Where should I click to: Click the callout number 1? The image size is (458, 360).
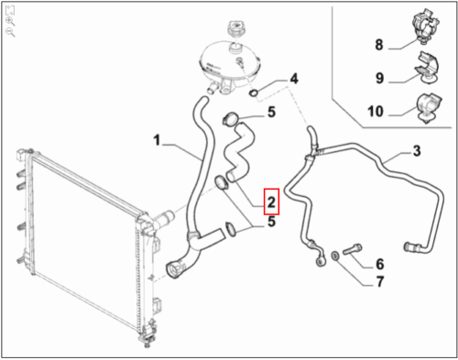coord(157,140)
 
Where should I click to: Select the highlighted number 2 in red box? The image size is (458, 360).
coord(271,202)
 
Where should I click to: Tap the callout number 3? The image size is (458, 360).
coord(417,151)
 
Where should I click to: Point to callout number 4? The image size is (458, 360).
coord(294,79)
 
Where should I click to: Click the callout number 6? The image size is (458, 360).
coord(379,264)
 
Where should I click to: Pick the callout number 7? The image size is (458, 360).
coord(379,281)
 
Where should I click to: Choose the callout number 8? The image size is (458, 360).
coord(379,45)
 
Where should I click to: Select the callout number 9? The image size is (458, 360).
coord(379,78)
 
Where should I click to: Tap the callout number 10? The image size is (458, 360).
coord(376,111)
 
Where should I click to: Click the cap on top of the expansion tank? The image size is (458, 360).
coord(235,29)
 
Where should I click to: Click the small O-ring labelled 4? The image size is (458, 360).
coord(253,92)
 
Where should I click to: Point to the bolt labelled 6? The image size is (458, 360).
coord(352,249)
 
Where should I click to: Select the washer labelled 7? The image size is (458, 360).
coord(335,256)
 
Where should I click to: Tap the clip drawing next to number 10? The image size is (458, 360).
coord(428,107)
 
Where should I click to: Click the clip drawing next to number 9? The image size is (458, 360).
coord(427,67)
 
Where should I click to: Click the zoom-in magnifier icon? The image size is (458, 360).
coord(10,21)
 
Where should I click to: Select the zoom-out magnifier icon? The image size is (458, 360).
coord(10,32)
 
